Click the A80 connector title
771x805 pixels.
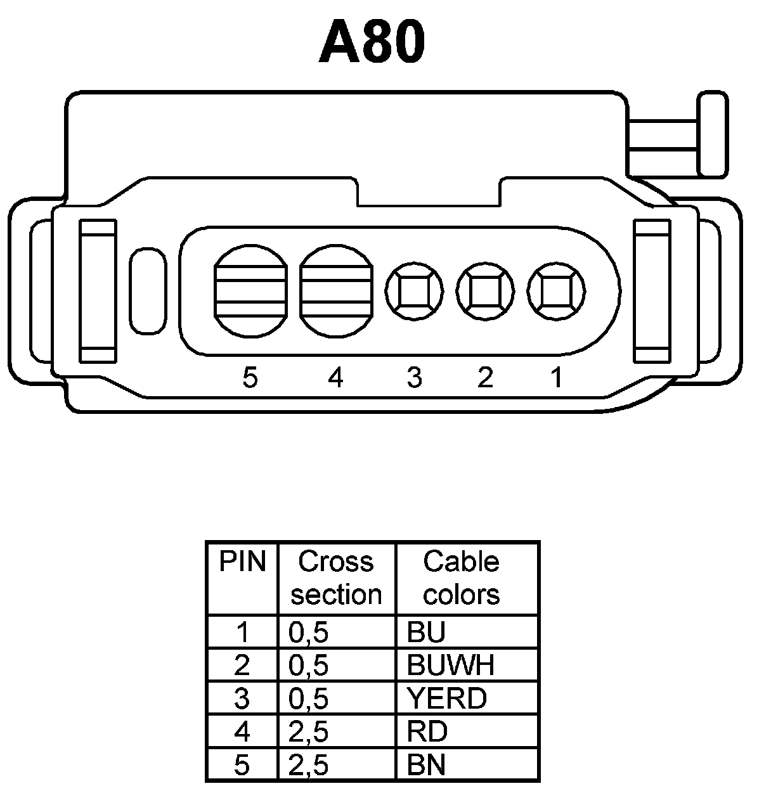372,42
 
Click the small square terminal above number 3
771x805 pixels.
414,292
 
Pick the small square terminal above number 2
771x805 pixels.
485,292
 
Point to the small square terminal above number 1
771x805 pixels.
557,292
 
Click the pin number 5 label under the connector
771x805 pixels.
250,378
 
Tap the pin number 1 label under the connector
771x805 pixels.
557,378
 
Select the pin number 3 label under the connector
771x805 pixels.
414,378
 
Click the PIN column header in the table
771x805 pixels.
242,562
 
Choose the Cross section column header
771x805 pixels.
336,578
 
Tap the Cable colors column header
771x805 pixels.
461,578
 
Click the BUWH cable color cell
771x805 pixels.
451,665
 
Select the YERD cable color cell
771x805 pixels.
447,699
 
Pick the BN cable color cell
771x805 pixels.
427,765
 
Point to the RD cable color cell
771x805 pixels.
427,732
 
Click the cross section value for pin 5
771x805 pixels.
309,765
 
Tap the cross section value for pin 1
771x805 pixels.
309,632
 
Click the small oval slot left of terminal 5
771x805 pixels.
147,291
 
